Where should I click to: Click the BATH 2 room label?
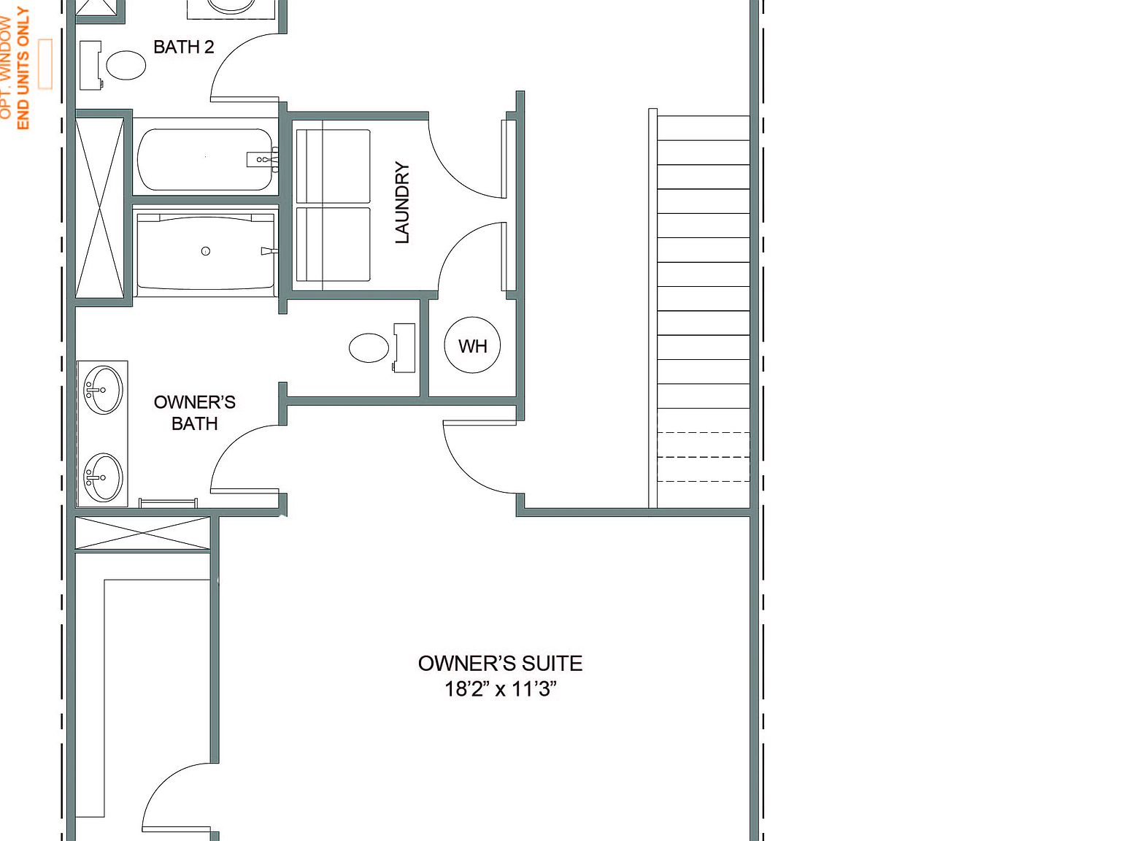[x=183, y=47]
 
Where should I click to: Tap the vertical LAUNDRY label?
[x=402, y=203]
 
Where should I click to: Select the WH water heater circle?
[x=472, y=345]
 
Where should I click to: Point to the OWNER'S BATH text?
[x=194, y=412]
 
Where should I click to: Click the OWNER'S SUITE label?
[x=500, y=663]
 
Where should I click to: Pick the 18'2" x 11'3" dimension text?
[x=500, y=688]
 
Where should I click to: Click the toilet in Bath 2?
[x=126, y=66]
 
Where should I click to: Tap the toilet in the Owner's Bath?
[x=369, y=347]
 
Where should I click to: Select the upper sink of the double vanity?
[x=103, y=390]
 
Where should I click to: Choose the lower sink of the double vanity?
[x=103, y=477]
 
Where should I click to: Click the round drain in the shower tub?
[x=206, y=251]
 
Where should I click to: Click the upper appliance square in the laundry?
[x=333, y=166]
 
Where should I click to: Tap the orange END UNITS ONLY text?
[x=23, y=69]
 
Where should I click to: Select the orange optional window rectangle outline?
[x=45, y=64]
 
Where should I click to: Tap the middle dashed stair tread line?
[x=704, y=457]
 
